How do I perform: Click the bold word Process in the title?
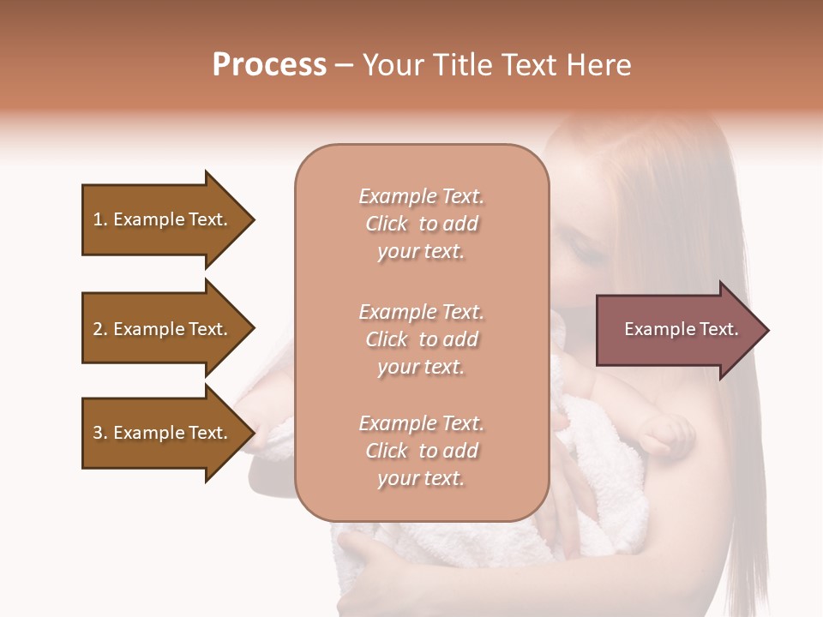[x=269, y=65]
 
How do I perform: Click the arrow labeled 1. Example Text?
[x=163, y=219]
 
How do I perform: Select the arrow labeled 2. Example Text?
[x=163, y=329]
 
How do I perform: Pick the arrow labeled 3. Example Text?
[x=163, y=433]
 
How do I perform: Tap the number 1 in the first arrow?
[x=98, y=219]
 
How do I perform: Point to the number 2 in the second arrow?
[x=98, y=329]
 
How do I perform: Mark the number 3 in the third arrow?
[x=98, y=433]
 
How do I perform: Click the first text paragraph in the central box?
[x=421, y=224]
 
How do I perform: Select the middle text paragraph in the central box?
[x=421, y=339]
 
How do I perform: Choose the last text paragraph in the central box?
[x=421, y=451]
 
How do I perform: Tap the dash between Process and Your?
[x=344, y=65]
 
